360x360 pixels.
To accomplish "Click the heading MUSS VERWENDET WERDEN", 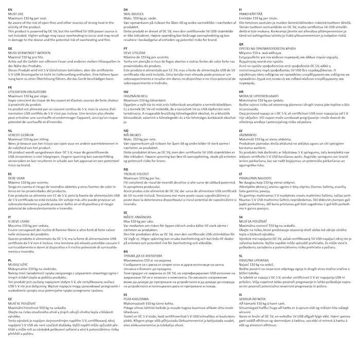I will click(x=29, y=52).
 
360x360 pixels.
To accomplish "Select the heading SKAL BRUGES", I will click(x=135, y=13).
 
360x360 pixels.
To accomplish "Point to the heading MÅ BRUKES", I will click(x=133, y=134).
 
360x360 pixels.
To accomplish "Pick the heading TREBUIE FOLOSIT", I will click(x=137, y=173).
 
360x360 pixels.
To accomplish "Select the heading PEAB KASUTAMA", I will click(x=137, y=298).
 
